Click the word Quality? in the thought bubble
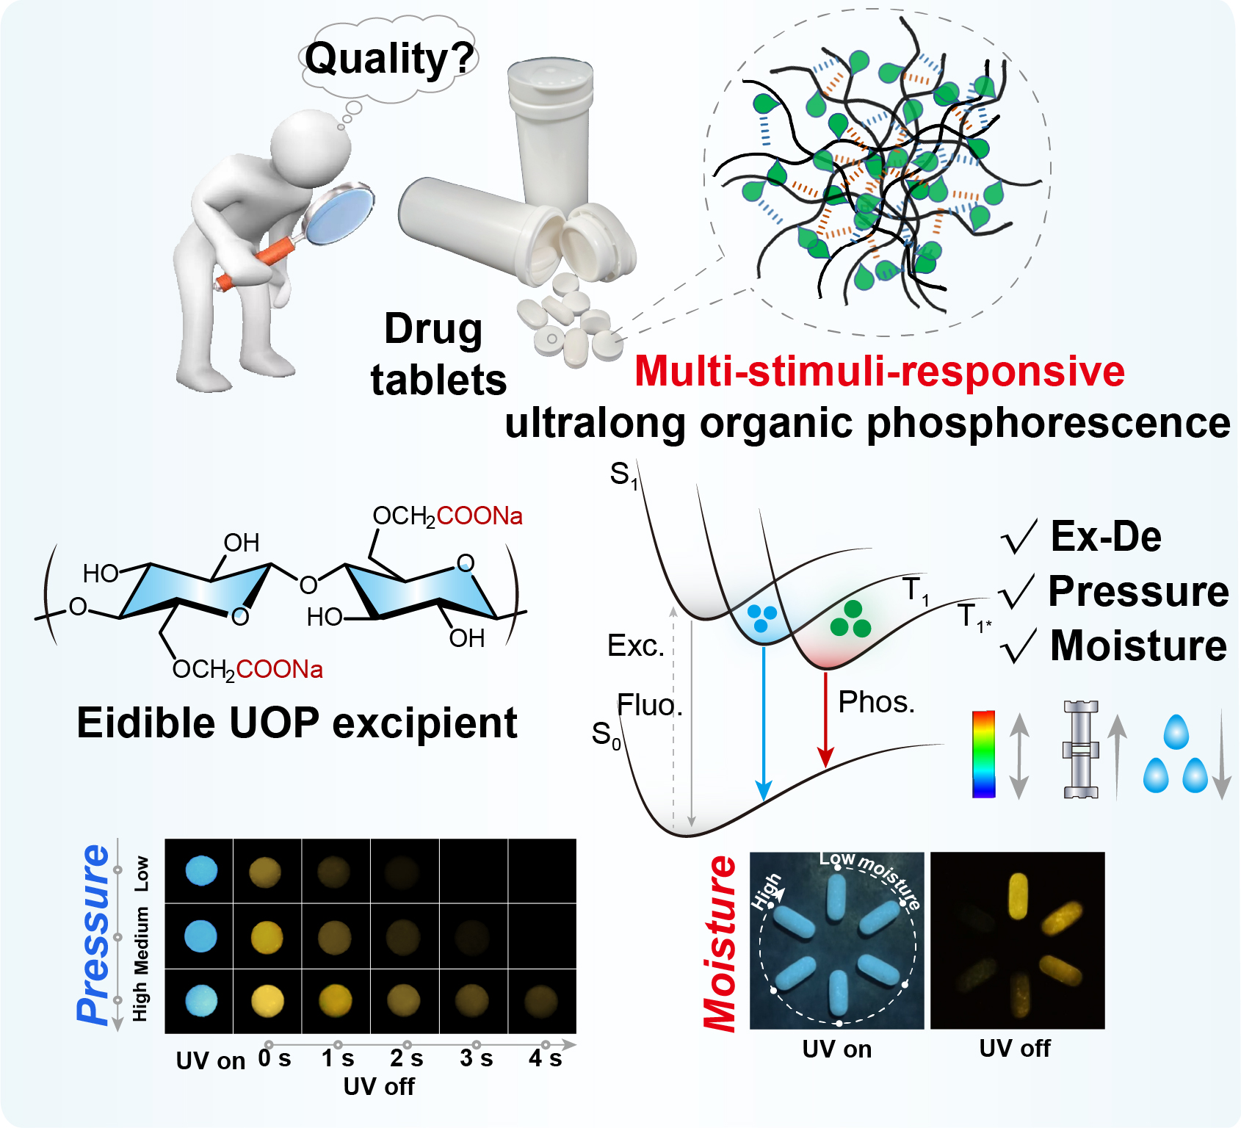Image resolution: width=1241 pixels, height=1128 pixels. click(x=389, y=59)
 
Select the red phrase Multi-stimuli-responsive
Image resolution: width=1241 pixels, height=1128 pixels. click(x=879, y=371)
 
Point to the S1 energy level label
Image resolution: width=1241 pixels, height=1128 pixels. click(x=623, y=475)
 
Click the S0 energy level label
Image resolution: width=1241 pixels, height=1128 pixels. click(x=607, y=734)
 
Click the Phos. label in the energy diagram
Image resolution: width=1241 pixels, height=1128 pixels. click(x=876, y=703)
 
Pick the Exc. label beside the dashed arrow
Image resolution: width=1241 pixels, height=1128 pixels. click(x=635, y=646)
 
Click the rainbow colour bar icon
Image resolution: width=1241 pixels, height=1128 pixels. click(x=983, y=753)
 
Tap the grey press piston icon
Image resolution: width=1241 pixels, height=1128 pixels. click(x=1080, y=749)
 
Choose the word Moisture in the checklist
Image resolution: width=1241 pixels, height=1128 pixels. click(x=1138, y=646)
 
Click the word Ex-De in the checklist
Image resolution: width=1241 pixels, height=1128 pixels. click(x=1106, y=537)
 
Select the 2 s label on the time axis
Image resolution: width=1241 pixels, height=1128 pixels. click(x=406, y=1058)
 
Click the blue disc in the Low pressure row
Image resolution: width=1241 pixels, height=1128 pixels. click(x=201, y=871)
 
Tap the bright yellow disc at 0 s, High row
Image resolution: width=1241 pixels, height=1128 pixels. click(x=267, y=1000)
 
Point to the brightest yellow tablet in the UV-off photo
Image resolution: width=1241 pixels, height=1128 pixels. click(x=1018, y=896)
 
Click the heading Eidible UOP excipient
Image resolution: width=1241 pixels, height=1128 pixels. click(x=297, y=723)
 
